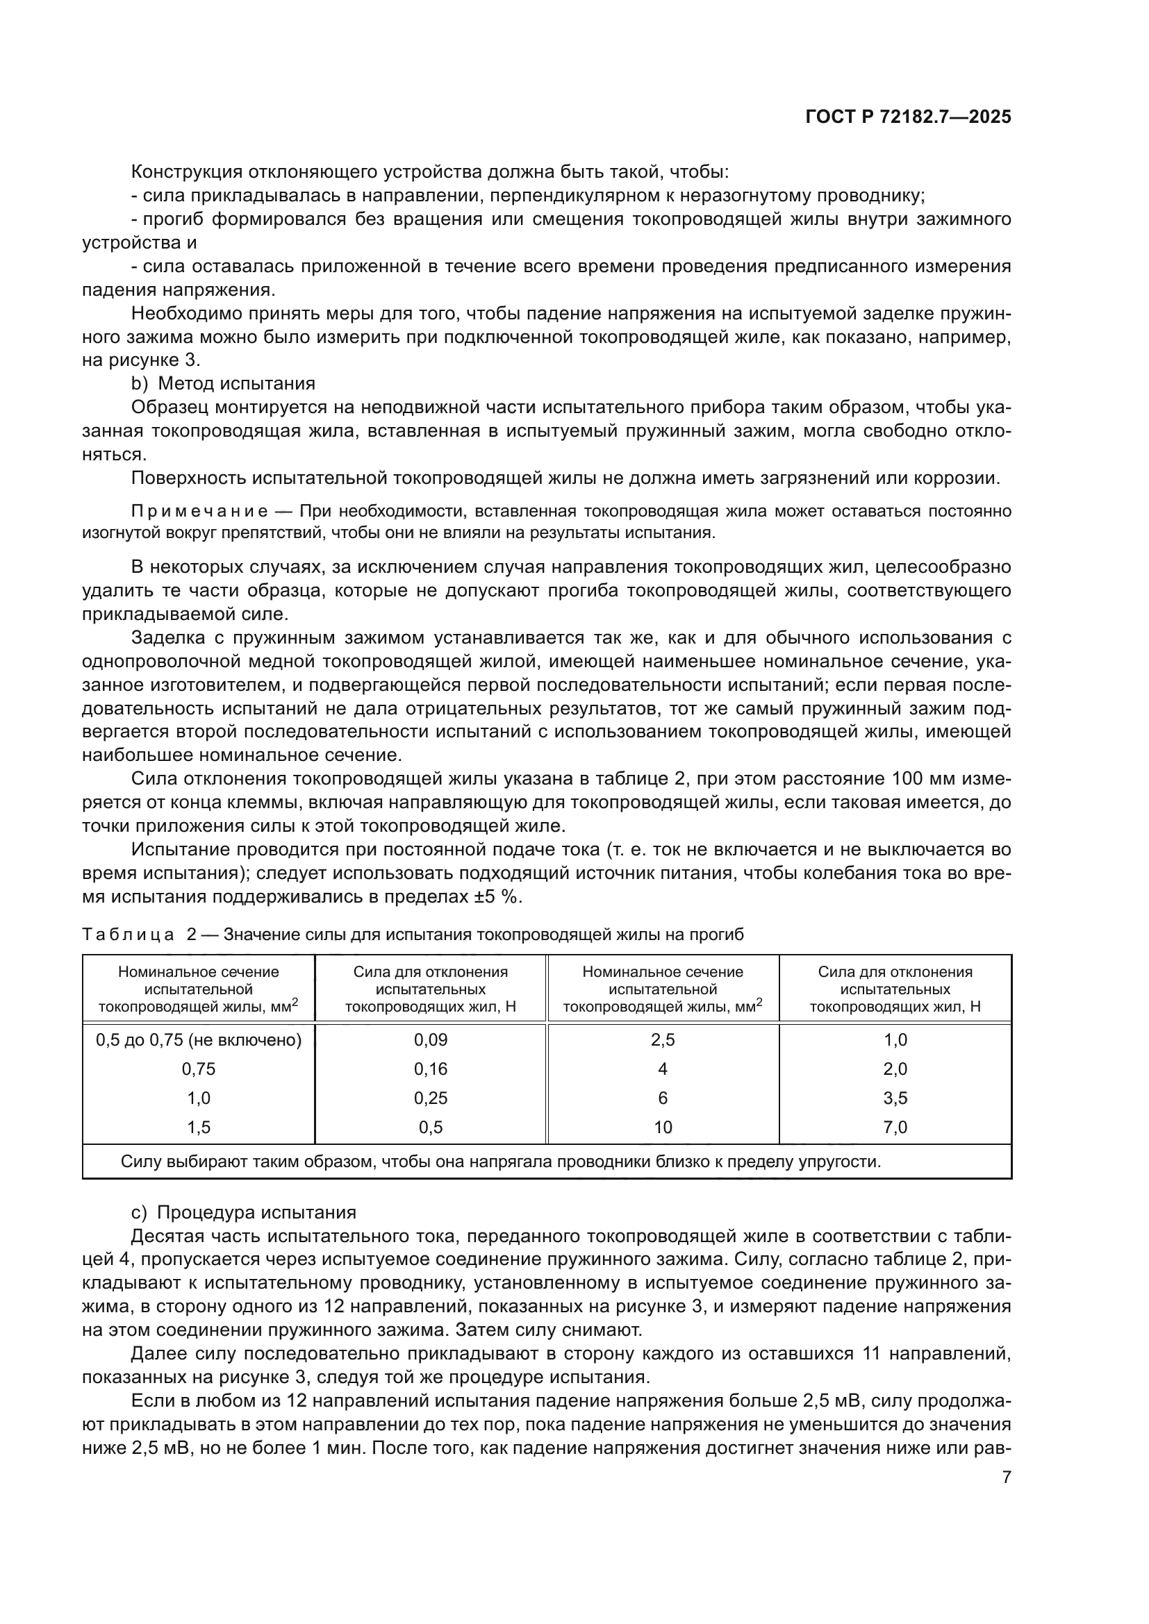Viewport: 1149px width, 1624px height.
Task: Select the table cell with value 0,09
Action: pos(430,1040)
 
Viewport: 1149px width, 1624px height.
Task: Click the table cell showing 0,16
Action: pos(430,1069)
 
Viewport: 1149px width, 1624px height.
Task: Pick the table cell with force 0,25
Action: pos(430,1098)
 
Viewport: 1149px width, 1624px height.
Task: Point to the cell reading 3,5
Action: pos(895,1098)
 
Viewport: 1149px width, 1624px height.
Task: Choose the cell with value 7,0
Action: pos(895,1127)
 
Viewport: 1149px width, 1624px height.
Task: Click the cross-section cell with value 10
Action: pos(662,1127)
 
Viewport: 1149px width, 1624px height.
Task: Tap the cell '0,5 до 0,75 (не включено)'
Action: pos(198,1040)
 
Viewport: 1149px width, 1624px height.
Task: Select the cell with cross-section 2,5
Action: pos(662,1040)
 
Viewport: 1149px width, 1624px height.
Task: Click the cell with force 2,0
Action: pos(895,1069)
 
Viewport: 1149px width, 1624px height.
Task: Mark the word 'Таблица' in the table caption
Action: pos(128,935)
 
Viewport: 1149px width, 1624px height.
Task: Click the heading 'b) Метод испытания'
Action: pos(223,383)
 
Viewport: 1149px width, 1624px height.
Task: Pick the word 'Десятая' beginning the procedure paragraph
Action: pos(167,1236)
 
